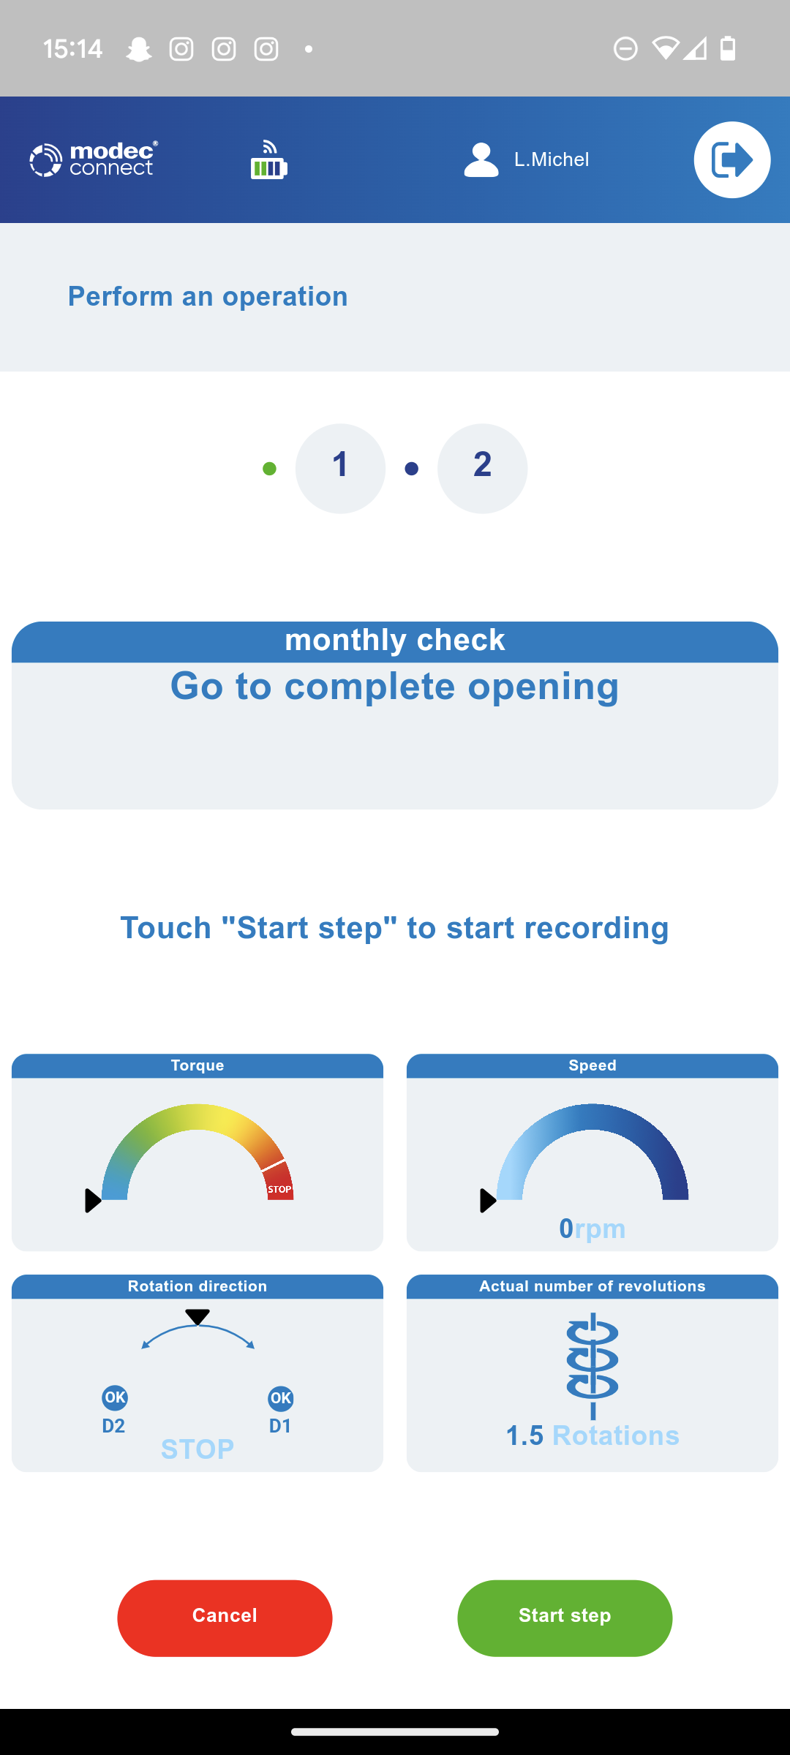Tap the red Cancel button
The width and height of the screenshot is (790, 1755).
(225, 1618)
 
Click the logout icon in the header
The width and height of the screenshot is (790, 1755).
(732, 159)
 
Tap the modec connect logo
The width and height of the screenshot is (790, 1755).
(94, 159)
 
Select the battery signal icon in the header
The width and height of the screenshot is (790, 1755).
(268, 160)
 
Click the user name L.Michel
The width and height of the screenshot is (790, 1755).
(552, 159)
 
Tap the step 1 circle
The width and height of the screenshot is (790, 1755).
(340, 468)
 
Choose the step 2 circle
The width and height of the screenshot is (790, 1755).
(482, 468)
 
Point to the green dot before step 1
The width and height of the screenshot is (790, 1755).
(269, 469)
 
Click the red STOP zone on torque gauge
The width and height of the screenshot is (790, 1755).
(279, 1182)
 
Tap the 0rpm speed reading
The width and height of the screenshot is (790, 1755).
(592, 1228)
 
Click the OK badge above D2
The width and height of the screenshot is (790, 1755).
(115, 1397)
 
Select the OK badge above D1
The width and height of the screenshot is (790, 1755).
(281, 1399)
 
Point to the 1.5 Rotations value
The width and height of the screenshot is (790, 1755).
(592, 1435)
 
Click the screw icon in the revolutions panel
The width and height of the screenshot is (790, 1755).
(592, 1365)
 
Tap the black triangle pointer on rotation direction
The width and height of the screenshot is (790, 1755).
(197, 1317)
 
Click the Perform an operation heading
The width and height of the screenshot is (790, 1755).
(208, 296)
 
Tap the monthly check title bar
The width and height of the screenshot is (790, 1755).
(395, 641)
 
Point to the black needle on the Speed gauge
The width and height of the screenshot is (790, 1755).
(488, 1201)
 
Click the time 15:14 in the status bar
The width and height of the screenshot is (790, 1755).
(72, 49)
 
